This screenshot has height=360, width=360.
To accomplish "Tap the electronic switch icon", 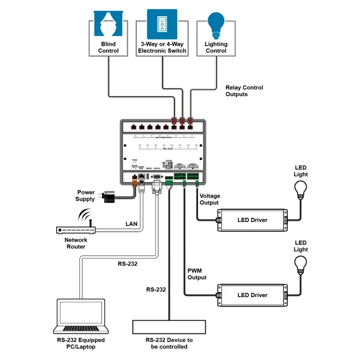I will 162,23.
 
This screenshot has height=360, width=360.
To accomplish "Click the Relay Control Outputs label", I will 244,91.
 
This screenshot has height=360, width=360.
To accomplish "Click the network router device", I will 75,230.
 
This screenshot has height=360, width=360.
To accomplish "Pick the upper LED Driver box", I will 252,220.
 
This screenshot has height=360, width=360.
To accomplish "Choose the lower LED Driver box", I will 252,295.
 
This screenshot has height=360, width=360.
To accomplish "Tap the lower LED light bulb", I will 301,265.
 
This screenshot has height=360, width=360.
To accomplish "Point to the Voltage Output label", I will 210,199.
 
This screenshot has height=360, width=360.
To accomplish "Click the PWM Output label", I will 197,274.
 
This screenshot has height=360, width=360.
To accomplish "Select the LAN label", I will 131,224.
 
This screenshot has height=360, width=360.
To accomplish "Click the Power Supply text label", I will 85,195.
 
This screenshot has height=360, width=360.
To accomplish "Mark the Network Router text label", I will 76,243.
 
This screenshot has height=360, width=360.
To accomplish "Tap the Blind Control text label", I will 109,47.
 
